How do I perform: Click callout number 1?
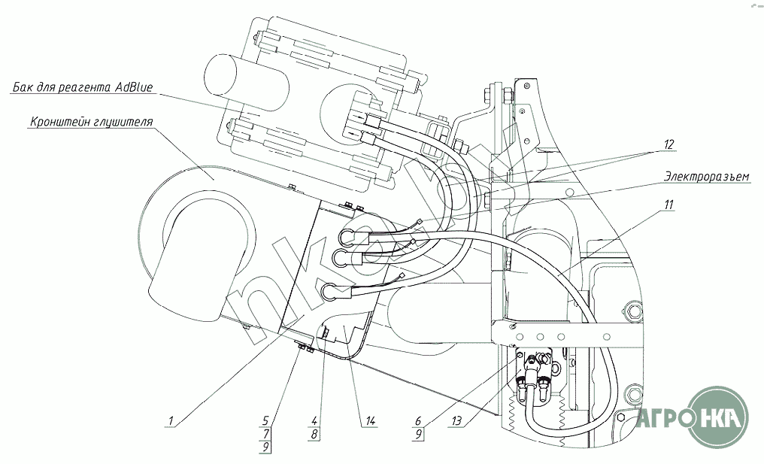pos(171,420)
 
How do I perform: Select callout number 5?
pos(265,420)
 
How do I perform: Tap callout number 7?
pos(266,433)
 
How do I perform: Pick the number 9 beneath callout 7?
pos(265,447)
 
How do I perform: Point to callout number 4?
pos(314,420)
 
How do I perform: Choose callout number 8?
pos(314,433)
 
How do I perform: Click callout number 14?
pos(370,420)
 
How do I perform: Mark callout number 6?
pos(418,420)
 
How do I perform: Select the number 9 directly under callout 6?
pos(418,433)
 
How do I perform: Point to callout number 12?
pos(668,144)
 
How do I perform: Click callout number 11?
pos(668,205)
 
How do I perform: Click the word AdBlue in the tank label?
pos(134,87)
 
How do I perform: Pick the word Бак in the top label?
pos(20,88)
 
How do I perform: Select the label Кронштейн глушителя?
pos(92,122)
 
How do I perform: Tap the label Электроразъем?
pos(707,176)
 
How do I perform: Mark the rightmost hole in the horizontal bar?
pos(607,337)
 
